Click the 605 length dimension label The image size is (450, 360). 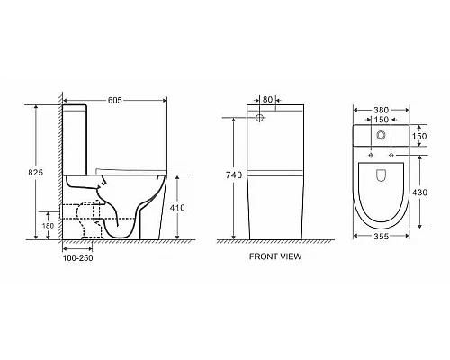click(115, 100)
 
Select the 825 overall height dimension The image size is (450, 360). click(36, 173)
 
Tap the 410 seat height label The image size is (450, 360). click(177, 208)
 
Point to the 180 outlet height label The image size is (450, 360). click(48, 226)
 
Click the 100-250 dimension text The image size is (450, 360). click(77, 258)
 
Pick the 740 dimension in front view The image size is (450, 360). click(234, 175)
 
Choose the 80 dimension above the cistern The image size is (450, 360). click(267, 99)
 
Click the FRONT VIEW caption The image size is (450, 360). click(275, 256)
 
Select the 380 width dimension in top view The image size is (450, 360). click(381, 110)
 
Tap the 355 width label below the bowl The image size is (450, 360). click(382, 237)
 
